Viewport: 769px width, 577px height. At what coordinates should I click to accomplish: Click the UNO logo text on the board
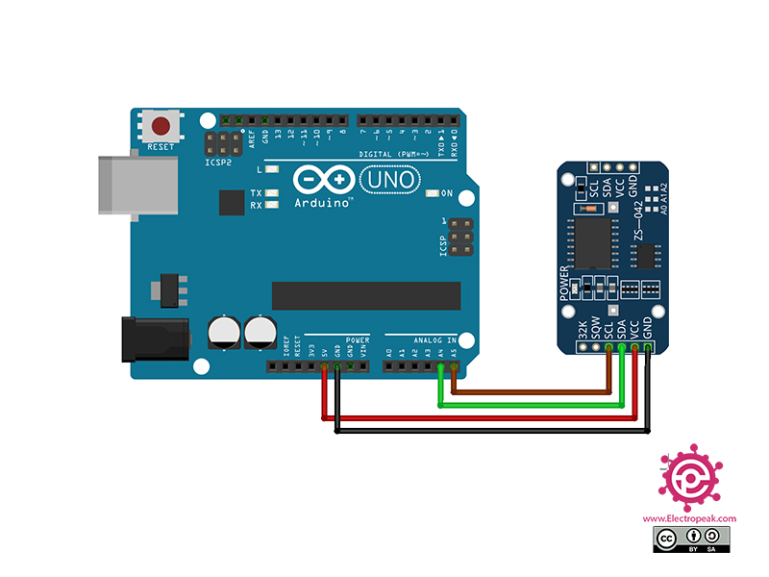click(x=389, y=179)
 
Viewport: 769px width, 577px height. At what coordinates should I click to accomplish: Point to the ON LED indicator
click(x=433, y=193)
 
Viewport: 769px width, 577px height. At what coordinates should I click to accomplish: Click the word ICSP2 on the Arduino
click(x=218, y=163)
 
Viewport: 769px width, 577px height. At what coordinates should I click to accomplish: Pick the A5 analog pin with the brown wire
click(x=453, y=366)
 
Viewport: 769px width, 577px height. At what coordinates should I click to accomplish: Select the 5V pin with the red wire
click(x=324, y=366)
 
